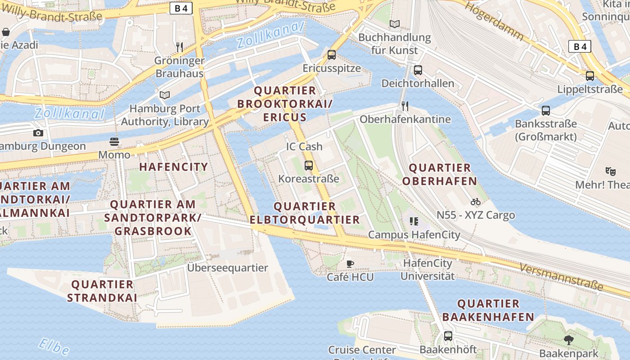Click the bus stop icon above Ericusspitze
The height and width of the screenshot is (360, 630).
[x=332, y=55]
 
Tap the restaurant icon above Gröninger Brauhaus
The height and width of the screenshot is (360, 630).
[x=179, y=47]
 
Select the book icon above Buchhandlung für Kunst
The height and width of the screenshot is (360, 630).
[x=395, y=24]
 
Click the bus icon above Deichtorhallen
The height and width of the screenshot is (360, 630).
[x=418, y=70]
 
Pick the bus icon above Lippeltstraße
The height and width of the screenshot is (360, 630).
[x=589, y=76]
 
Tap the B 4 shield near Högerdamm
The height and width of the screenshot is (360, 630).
[x=580, y=46]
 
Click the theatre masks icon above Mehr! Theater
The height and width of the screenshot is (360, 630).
[x=610, y=171]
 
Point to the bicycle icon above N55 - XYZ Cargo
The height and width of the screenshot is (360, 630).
[x=475, y=202]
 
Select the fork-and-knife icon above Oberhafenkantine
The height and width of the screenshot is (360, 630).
[x=405, y=106]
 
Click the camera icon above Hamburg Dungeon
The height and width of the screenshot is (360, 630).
[x=38, y=133]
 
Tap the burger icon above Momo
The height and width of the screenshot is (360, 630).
[x=114, y=142]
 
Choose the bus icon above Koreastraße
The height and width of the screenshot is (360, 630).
[x=308, y=165]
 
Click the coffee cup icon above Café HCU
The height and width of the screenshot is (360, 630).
[x=350, y=264]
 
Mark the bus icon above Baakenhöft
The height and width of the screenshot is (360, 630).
[x=448, y=336]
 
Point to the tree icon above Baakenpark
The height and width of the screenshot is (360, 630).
[x=569, y=340]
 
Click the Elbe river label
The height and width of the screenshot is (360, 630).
[x=54, y=346]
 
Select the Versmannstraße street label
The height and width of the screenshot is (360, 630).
[x=561, y=276]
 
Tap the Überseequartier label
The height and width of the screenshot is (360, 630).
[x=228, y=268]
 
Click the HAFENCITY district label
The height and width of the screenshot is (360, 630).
[x=174, y=167]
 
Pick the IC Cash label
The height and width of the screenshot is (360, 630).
[x=304, y=146]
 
